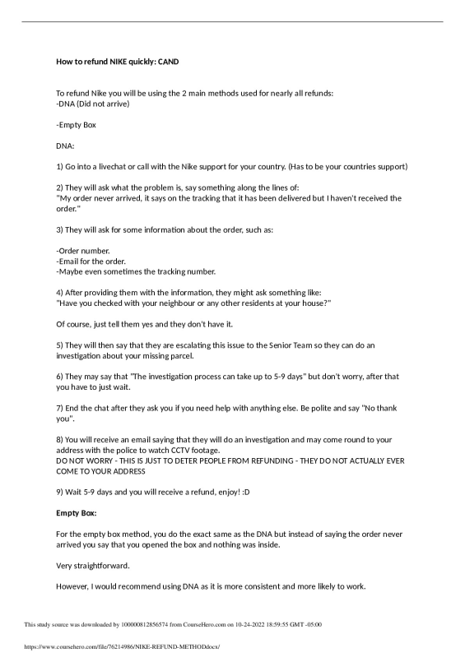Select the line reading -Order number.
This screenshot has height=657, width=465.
click(x=82, y=250)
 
